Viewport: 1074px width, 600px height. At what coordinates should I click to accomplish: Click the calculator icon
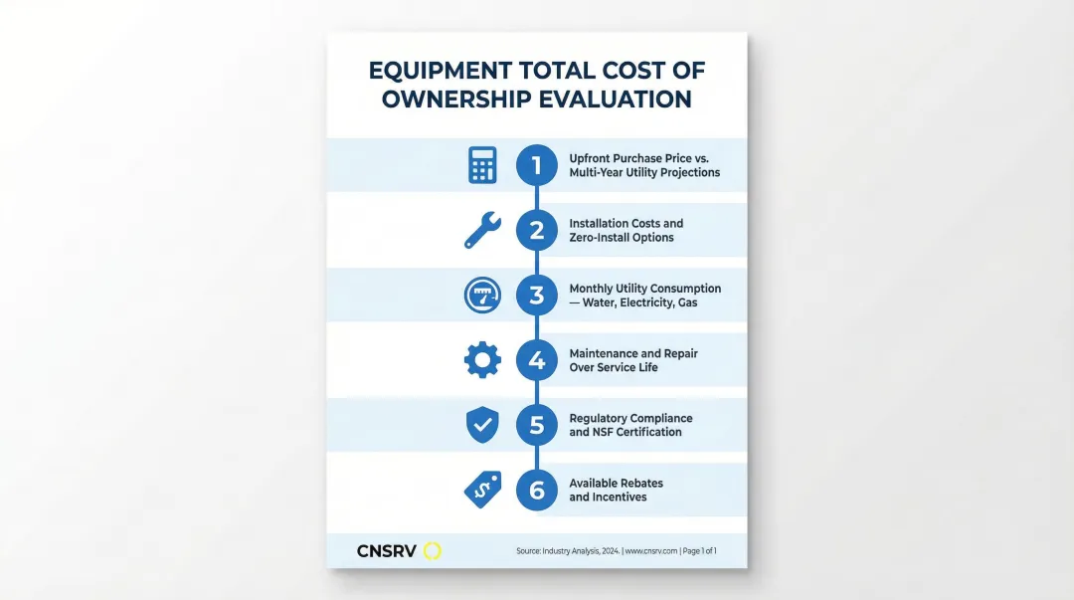pos(482,165)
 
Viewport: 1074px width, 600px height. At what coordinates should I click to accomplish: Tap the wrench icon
pos(482,230)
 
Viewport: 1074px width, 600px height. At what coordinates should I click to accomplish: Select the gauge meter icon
pos(482,296)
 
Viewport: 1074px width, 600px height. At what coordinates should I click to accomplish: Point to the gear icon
pos(482,360)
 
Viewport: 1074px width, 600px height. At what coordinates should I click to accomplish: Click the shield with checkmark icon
pos(482,425)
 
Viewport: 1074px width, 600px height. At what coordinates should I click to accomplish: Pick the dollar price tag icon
pos(482,489)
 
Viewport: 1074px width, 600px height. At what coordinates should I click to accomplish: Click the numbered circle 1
pos(537,165)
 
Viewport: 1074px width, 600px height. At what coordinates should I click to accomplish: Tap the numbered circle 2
pos(537,230)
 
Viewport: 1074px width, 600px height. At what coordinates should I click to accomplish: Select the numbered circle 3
pos(537,296)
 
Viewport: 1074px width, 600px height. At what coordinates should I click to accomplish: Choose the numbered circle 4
pos(537,360)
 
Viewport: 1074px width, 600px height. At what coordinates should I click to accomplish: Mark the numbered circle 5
pos(537,425)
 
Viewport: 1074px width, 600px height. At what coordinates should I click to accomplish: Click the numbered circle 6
pos(537,490)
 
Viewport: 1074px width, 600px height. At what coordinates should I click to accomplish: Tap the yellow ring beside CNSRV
pos(432,550)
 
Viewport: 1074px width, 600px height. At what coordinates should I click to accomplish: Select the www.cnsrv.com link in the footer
pos(650,550)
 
